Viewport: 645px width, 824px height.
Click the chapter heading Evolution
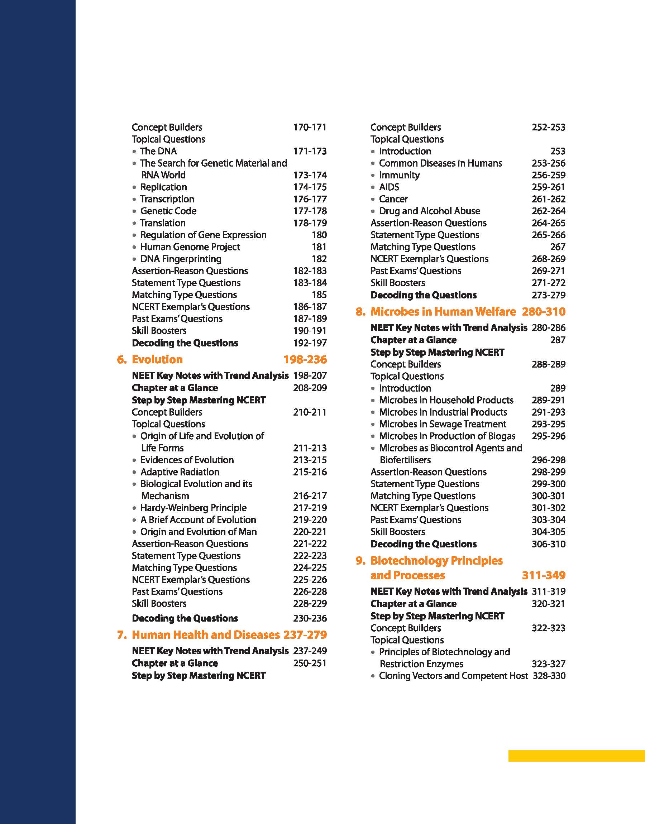157,359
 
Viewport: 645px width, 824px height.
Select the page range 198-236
305,359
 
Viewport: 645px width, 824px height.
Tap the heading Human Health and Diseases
206,634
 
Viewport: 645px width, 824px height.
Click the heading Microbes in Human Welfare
443,311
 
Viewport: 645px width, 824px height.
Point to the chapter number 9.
360,561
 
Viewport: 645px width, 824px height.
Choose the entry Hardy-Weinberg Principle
193,508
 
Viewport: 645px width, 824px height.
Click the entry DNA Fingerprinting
181,259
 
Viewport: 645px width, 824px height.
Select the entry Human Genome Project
190,247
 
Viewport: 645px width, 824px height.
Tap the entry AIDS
389,187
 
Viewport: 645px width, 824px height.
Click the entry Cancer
393,199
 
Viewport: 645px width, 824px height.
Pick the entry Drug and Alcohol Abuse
429,211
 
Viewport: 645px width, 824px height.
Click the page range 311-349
544,575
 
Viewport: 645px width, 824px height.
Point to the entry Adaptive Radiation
180,472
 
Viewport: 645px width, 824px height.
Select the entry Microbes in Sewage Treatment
443,424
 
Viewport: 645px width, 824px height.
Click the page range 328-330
549,676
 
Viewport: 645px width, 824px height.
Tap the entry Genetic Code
168,211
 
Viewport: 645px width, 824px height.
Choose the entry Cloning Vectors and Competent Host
453,676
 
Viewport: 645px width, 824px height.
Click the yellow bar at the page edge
576,756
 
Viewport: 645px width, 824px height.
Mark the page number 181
319,247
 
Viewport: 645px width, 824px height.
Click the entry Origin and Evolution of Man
199,532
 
